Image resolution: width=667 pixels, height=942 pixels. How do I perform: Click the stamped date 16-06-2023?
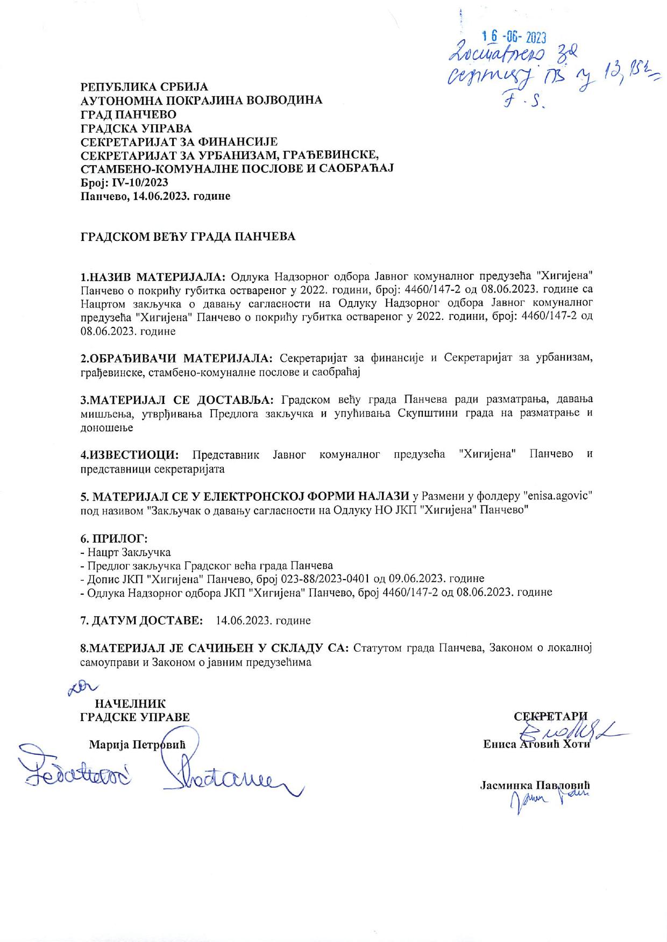tap(514, 37)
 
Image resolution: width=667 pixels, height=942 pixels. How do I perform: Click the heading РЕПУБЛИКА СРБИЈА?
tap(144, 87)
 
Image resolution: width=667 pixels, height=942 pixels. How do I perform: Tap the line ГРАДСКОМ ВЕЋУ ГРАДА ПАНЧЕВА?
tap(188, 237)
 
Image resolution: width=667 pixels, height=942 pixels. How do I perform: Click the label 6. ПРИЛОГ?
tap(113, 539)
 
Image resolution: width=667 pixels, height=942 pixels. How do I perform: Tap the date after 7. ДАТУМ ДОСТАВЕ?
tap(263, 620)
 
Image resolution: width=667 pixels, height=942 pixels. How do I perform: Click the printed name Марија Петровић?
tap(137, 745)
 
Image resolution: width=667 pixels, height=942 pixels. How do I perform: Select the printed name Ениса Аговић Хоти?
tap(536, 745)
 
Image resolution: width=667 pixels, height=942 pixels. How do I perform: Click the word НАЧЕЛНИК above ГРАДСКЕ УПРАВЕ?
tap(130, 704)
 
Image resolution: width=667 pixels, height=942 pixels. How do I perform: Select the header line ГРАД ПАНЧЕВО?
tap(128, 114)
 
